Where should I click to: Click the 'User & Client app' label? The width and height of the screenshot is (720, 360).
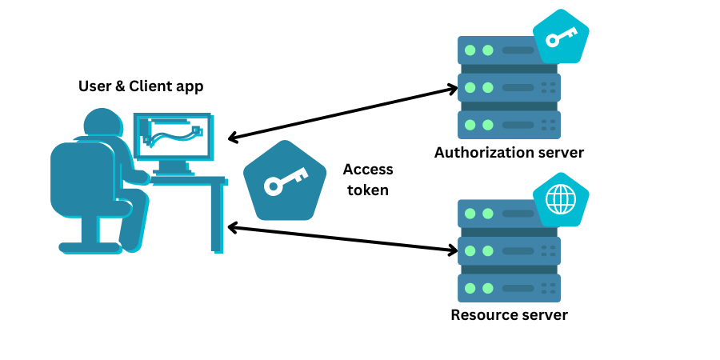click(x=141, y=86)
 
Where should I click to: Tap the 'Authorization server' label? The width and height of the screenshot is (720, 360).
click(x=509, y=152)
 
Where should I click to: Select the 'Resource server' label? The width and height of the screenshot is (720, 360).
click(x=509, y=314)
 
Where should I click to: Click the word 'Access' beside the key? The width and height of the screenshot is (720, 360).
click(x=368, y=170)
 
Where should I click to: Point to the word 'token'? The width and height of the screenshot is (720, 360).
click(x=368, y=190)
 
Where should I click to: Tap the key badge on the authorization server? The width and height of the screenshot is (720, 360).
click(x=560, y=38)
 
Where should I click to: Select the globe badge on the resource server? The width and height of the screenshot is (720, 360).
click(x=560, y=200)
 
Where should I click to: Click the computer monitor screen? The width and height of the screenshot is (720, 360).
click(x=172, y=135)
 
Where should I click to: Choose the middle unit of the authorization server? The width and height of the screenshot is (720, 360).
click(x=509, y=87)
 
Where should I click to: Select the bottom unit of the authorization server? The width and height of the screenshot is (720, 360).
click(x=509, y=124)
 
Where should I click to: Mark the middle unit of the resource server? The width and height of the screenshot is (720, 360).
click(x=509, y=250)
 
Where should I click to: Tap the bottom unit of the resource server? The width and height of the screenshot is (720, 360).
click(x=509, y=287)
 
